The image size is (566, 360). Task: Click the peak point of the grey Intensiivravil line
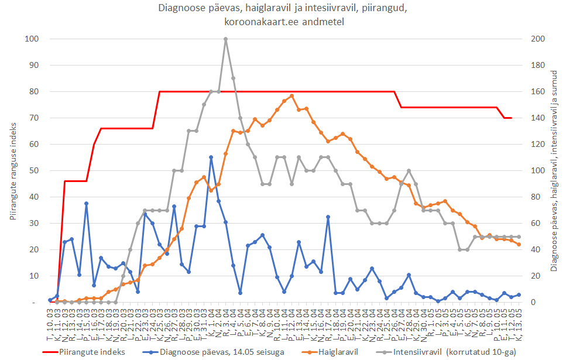[x=225, y=39]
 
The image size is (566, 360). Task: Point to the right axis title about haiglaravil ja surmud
[x=554, y=170]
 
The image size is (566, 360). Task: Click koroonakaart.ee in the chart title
[x=253, y=22]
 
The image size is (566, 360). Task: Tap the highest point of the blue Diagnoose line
[x=211, y=157]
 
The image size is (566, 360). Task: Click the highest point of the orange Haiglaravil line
[x=291, y=96]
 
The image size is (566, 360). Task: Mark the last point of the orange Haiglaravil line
[x=519, y=245]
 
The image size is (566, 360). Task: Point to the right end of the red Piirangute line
[x=512, y=118]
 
